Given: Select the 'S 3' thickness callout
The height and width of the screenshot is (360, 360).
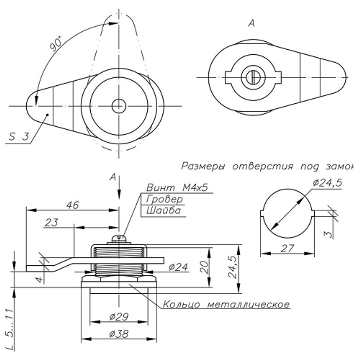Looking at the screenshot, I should pos(18,137).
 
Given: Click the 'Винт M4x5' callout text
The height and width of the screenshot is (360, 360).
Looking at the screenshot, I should pos(177,188).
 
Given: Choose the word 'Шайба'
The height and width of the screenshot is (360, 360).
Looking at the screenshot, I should pos(163,211).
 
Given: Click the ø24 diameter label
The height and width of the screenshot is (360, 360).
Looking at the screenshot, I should pos(178,267).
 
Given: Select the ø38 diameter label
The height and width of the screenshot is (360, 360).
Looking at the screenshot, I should pos(118,334).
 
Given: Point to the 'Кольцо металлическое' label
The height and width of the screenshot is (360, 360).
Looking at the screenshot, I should pos(226,305).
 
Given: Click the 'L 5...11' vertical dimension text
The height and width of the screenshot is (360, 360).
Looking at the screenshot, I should pos(10,329).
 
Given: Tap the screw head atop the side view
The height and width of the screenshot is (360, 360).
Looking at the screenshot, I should pos(119,239).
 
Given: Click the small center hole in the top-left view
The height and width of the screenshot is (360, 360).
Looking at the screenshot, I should pos(118,106).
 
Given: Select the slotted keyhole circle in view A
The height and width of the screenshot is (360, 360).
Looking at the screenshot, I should pos(253,77).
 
